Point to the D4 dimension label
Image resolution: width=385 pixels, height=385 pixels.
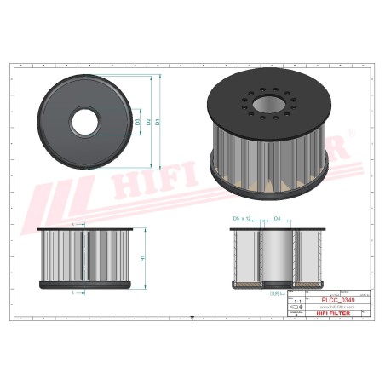coord(277,220)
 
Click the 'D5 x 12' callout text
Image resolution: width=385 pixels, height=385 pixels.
coord(242,220)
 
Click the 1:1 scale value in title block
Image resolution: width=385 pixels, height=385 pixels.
coord(296,302)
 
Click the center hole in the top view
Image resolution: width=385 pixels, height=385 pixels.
coord(85,120)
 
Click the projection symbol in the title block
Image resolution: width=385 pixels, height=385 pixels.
coord(296,310)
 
